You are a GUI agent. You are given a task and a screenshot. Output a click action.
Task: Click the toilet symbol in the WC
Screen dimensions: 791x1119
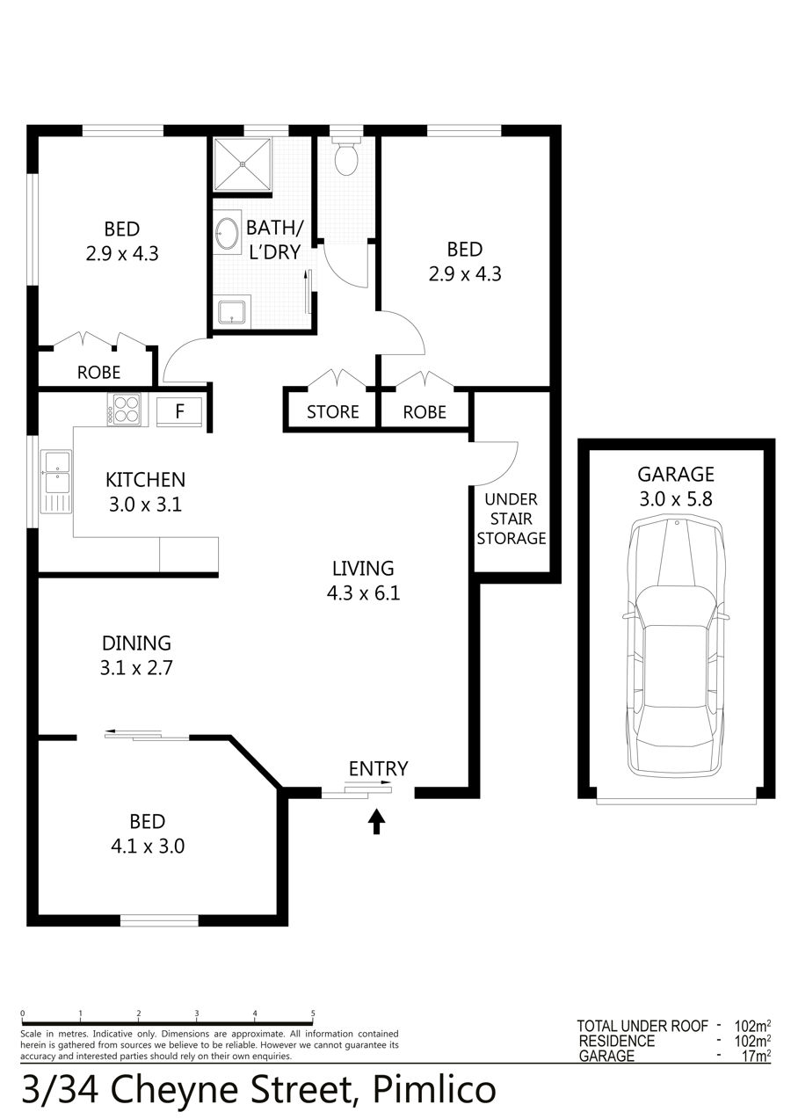pyautogui.click(x=345, y=156)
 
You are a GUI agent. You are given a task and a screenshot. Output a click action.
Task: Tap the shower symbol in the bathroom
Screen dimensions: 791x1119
pyautogui.click(x=243, y=163)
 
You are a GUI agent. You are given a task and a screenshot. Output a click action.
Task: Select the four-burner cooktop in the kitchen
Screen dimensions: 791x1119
pyautogui.click(x=127, y=409)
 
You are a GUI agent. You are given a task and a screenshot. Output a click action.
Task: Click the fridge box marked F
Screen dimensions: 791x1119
pyautogui.click(x=180, y=411)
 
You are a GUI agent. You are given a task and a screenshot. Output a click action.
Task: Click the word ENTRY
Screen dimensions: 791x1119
pyautogui.click(x=378, y=769)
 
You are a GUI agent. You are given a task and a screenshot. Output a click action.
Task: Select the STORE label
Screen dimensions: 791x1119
pyautogui.click(x=332, y=411)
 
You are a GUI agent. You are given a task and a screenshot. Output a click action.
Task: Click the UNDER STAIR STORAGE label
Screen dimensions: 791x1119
pyautogui.click(x=512, y=519)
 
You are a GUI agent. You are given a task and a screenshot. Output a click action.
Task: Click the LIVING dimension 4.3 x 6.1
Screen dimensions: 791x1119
pyautogui.click(x=363, y=593)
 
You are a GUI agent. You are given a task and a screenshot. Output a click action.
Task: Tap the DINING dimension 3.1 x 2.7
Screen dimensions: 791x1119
pyautogui.click(x=136, y=668)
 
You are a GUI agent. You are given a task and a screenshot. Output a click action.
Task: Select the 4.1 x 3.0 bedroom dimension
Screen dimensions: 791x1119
pyautogui.click(x=148, y=847)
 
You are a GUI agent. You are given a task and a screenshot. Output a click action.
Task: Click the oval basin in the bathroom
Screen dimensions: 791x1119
pyautogui.click(x=228, y=232)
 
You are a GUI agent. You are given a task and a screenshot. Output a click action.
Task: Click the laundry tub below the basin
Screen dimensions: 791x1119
pyautogui.click(x=231, y=310)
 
